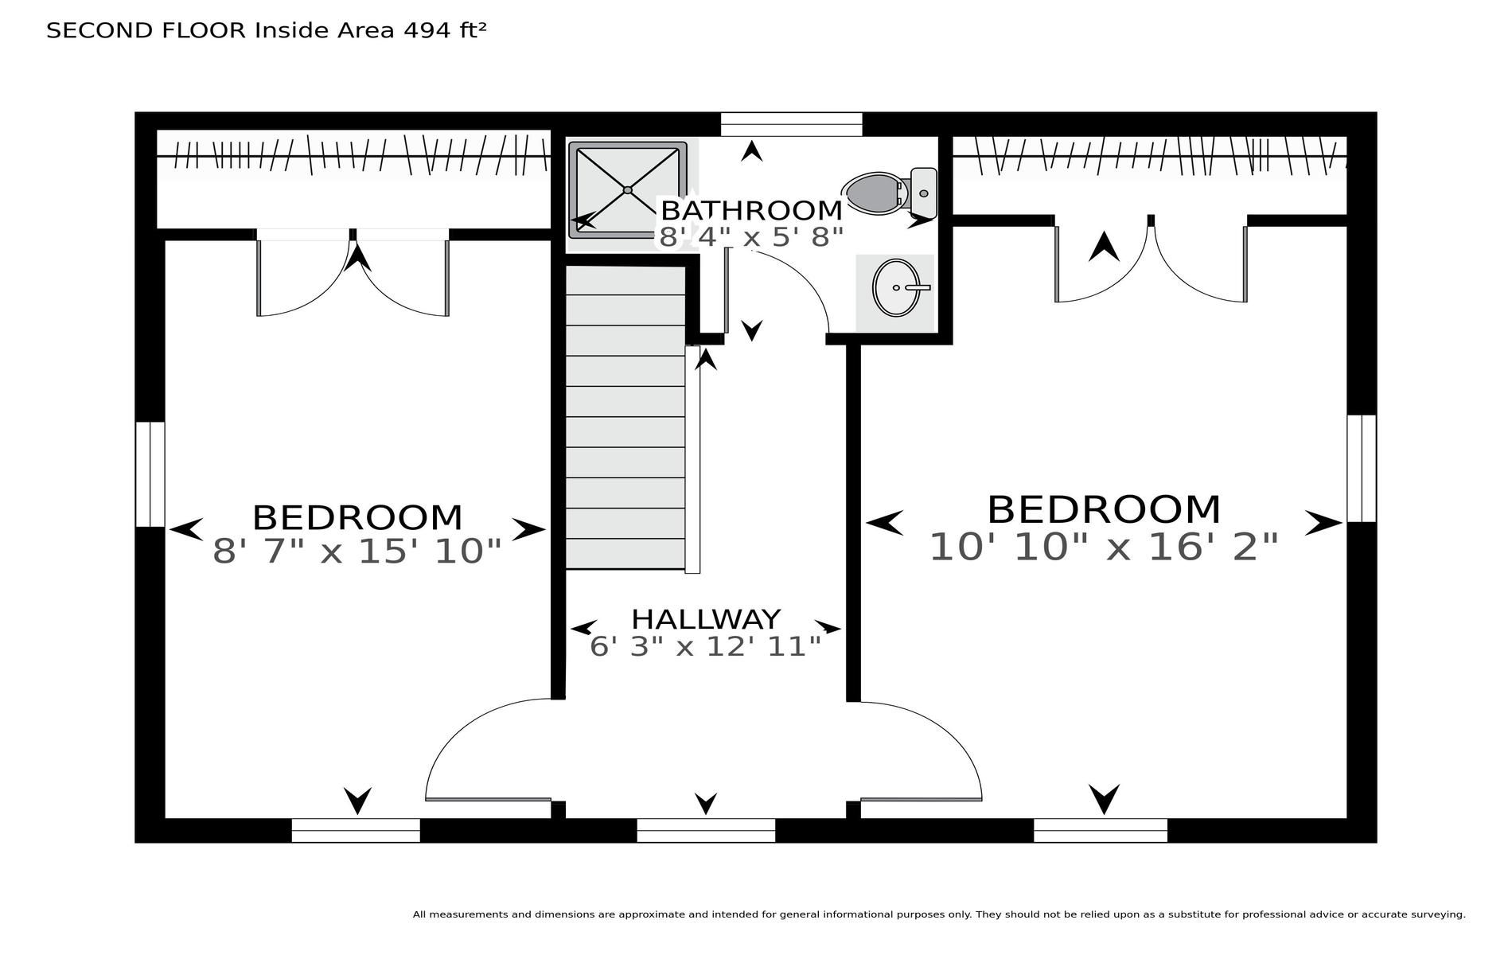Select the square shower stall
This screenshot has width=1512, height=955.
[x=628, y=189]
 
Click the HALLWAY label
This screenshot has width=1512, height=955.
[x=706, y=619]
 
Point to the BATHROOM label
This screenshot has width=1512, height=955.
[x=751, y=211]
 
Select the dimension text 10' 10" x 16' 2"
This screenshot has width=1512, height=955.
[x=1104, y=547]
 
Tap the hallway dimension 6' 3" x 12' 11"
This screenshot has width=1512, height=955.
[x=705, y=646]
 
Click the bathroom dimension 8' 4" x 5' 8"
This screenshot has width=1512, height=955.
[x=750, y=237]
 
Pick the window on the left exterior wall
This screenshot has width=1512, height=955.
[x=150, y=474]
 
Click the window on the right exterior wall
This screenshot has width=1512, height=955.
[x=1362, y=468]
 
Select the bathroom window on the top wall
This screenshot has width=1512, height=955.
[x=792, y=125]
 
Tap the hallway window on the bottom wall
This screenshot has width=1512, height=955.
[x=706, y=831]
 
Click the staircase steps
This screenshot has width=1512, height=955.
[x=625, y=418]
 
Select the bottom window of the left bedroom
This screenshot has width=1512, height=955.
[x=356, y=831]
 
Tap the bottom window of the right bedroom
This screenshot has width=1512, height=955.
[x=1101, y=831]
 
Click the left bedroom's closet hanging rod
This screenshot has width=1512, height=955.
[x=354, y=156]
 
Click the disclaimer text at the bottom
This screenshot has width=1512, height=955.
[x=939, y=914]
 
